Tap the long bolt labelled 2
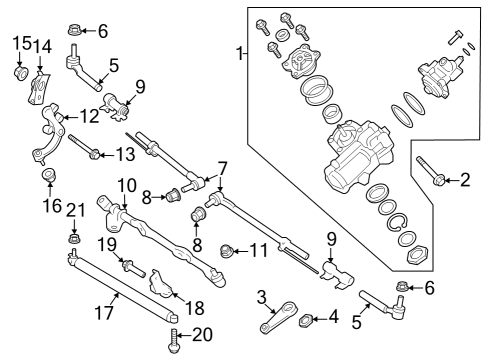[x=432, y=172]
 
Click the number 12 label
[x=90, y=117]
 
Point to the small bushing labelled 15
[x=20, y=74]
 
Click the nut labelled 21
[x=74, y=240]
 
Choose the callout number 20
[x=201, y=336]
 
